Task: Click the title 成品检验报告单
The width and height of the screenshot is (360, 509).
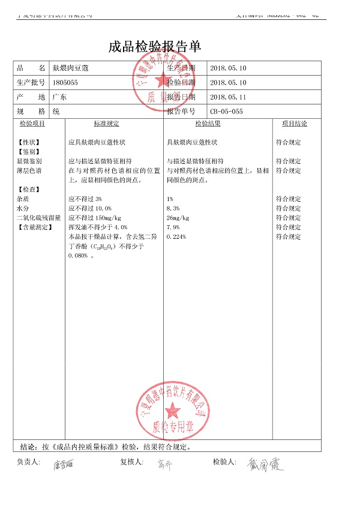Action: (155, 46)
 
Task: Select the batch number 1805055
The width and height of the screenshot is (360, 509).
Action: (65, 83)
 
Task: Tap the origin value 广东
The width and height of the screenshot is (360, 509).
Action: (60, 97)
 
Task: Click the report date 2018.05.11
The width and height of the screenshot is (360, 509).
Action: (228, 97)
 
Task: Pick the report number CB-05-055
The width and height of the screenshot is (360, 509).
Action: (227, 112)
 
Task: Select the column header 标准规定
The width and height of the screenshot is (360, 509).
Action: (106, 124)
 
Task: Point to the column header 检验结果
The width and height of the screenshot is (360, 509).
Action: (208, 124)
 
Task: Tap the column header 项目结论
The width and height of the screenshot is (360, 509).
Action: (294, 124)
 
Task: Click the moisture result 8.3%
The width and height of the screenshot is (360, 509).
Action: (173, 208)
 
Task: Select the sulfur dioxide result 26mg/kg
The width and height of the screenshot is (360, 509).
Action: (178, 218)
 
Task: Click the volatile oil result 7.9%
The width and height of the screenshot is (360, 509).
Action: (173, 227)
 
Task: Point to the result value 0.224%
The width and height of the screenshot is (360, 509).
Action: (176, 237)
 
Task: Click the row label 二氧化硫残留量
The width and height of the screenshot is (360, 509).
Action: (39, 218)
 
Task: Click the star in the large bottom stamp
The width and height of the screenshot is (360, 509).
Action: (173, 411)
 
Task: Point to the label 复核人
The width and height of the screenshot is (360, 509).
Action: (132, 462)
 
